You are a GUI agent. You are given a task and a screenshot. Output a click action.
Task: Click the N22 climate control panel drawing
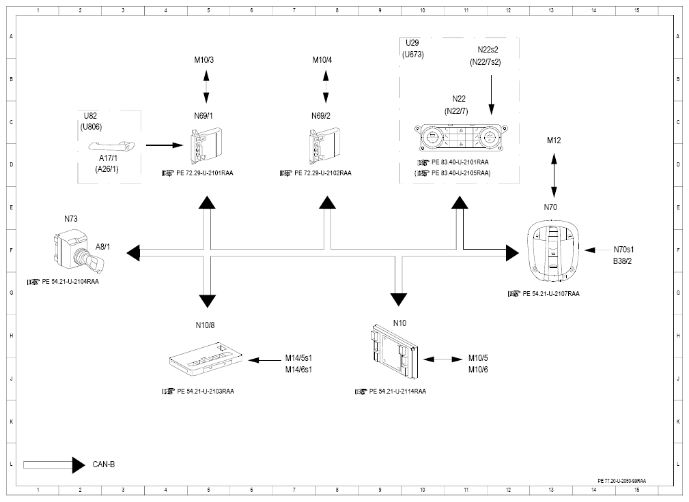point(461,138)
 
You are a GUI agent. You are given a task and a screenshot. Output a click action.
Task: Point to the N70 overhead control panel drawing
point(553,251)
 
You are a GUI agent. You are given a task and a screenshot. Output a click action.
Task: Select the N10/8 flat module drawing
point(206,357)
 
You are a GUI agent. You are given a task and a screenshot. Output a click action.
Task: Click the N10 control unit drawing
point(395,352)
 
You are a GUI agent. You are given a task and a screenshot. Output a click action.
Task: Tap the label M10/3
point(204,59)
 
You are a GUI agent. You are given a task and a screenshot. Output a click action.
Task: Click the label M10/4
point(322,59)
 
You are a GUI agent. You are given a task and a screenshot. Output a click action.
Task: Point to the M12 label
point(554,141)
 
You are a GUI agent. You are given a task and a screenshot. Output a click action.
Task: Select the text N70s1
point(623,250)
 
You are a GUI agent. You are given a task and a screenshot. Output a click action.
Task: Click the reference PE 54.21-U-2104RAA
point(70,282)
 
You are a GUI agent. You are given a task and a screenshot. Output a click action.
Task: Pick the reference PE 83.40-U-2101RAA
point(460,162)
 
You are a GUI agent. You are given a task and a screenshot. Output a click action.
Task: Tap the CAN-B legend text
point(104,464)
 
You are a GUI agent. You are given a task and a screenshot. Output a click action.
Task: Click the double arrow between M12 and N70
point(554,175)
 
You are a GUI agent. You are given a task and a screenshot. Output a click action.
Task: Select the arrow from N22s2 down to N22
point(491,95)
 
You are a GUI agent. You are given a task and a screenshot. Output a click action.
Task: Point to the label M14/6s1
point(298,370)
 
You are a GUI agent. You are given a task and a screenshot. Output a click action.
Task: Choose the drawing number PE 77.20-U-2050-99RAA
point(622,481)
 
